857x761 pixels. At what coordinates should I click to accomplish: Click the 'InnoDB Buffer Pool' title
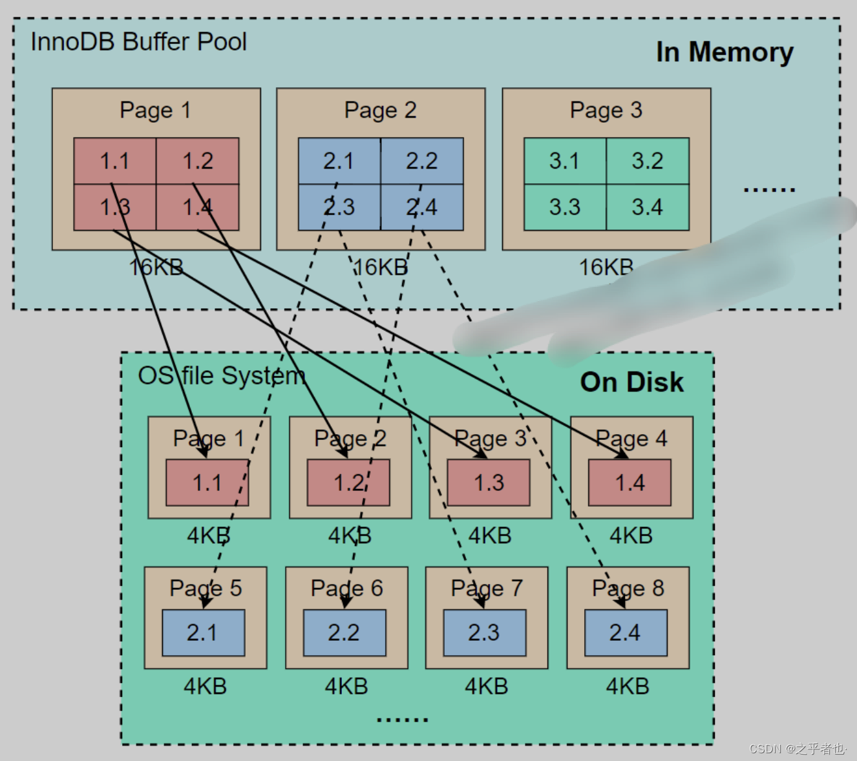(138, 42)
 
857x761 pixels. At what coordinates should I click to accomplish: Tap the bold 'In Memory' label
(725, 52)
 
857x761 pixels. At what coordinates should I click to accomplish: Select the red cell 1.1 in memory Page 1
(114, 161)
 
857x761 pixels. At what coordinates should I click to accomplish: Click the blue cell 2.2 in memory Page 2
(421, 161)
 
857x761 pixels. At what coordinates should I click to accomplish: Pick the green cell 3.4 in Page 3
(647, 207)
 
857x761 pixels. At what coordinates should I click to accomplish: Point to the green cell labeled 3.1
(564, 161)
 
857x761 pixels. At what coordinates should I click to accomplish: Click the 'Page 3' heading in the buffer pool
(606, 110)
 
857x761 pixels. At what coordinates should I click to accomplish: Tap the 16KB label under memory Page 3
(606, 267)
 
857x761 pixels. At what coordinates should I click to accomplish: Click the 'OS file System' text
(222, 376)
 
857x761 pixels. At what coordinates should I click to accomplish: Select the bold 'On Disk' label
(631, 382)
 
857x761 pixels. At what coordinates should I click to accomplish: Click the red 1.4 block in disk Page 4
(630, 483)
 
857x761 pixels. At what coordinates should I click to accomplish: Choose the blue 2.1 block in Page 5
(203, 632)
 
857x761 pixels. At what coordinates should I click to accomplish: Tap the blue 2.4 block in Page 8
(625, 632)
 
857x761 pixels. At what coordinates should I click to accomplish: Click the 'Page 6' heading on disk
(346, 588)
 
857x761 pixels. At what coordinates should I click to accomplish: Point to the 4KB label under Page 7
(486, 686)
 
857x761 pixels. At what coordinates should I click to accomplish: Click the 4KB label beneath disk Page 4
(631, 536)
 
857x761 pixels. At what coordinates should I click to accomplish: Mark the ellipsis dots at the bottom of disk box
(402, 718)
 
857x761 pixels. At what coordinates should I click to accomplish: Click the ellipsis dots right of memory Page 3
(768, 190)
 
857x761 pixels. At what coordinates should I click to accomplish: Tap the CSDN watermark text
(797, 749)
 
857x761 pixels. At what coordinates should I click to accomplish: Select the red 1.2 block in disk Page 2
(348, 483)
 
